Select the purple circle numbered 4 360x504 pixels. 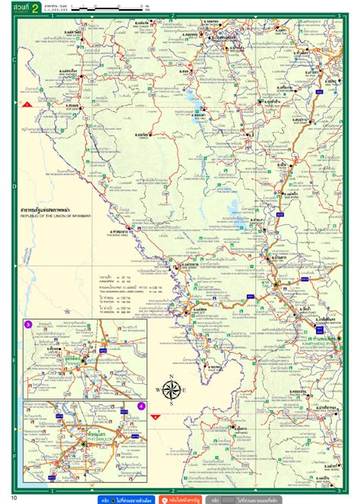pos(141,406)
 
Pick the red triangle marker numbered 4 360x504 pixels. pos(156,417)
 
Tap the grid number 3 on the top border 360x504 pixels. pos(337,14)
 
